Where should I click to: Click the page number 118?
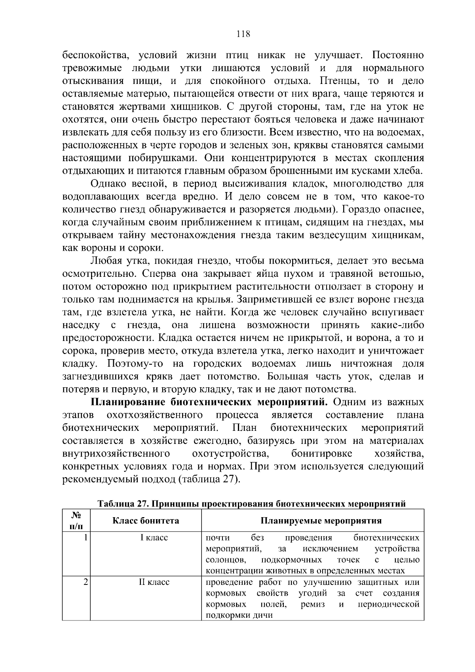pos(243,34)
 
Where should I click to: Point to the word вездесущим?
pos(334,235)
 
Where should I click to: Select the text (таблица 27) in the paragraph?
pos(208,480)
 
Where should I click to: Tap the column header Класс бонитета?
pos(146,521)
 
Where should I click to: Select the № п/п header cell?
pos(76,521)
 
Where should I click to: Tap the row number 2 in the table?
pos(85,582)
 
